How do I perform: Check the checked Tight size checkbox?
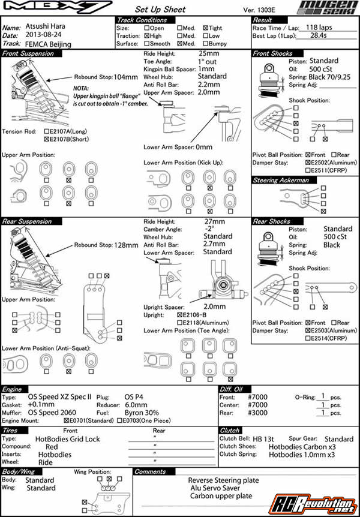pos(206,28)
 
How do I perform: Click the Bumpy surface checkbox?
pos(206,44)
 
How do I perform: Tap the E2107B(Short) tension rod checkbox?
pos(47,139)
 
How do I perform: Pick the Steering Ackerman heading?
pos(281,180)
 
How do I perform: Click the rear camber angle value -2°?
pos(209,229)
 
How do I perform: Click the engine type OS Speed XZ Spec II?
pos(59,396)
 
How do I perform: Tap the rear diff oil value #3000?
pos(257,413)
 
